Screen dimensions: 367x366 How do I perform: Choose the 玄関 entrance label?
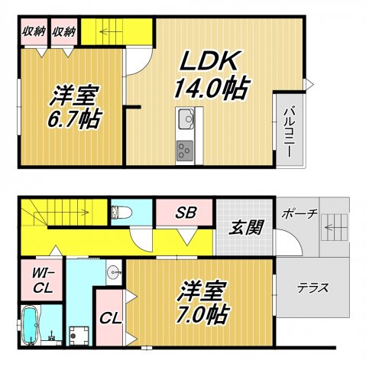[x=243, y=227]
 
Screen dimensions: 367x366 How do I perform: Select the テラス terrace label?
[x=313, y=288]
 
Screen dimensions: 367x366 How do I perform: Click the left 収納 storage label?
[x=32, y=31]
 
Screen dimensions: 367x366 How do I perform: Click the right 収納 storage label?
[x=64, y=31]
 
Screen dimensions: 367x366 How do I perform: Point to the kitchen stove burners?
[x=186, y=151]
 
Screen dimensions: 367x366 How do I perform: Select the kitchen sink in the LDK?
[x=186, y=120]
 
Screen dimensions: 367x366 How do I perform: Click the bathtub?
[x=30, y=327]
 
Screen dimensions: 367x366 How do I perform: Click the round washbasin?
[x=115, y=271]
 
